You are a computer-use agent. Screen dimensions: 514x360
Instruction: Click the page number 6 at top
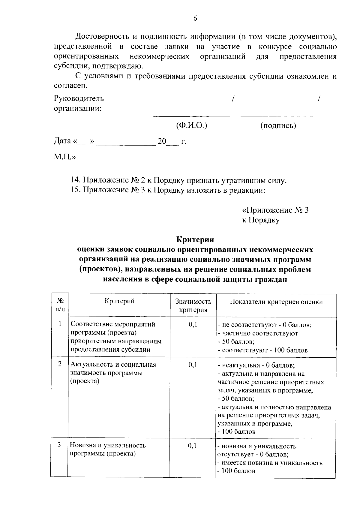(x=195, y=19)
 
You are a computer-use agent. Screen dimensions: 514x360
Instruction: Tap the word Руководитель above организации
(x=79, y=98)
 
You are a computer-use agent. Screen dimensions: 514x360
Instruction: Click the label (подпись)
(x=278, y=125)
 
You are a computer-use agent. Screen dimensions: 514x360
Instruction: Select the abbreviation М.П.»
(x=64, y=157)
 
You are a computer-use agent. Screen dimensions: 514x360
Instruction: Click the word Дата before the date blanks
(x=62, y=141)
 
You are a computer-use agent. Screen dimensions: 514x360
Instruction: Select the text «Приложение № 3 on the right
(x=275, y=210)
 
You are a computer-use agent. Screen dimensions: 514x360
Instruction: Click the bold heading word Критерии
(x=195, y=240)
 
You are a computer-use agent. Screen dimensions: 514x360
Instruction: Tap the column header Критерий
(x=119, y=301)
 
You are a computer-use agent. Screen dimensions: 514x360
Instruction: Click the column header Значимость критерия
(x=193, y=305)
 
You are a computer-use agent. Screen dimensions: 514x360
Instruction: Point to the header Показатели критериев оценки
(x=276, y=302)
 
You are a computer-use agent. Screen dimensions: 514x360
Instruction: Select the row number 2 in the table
(x=60, y=364)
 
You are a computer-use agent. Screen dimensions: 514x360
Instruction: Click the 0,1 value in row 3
(x=192, y=446)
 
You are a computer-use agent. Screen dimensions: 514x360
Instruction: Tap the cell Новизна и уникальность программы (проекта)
(x=108, y=449)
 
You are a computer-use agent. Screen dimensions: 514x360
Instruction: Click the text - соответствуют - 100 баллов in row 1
(x=263, y=350)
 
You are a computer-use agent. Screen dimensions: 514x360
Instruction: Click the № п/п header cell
(x=60, y=305)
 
